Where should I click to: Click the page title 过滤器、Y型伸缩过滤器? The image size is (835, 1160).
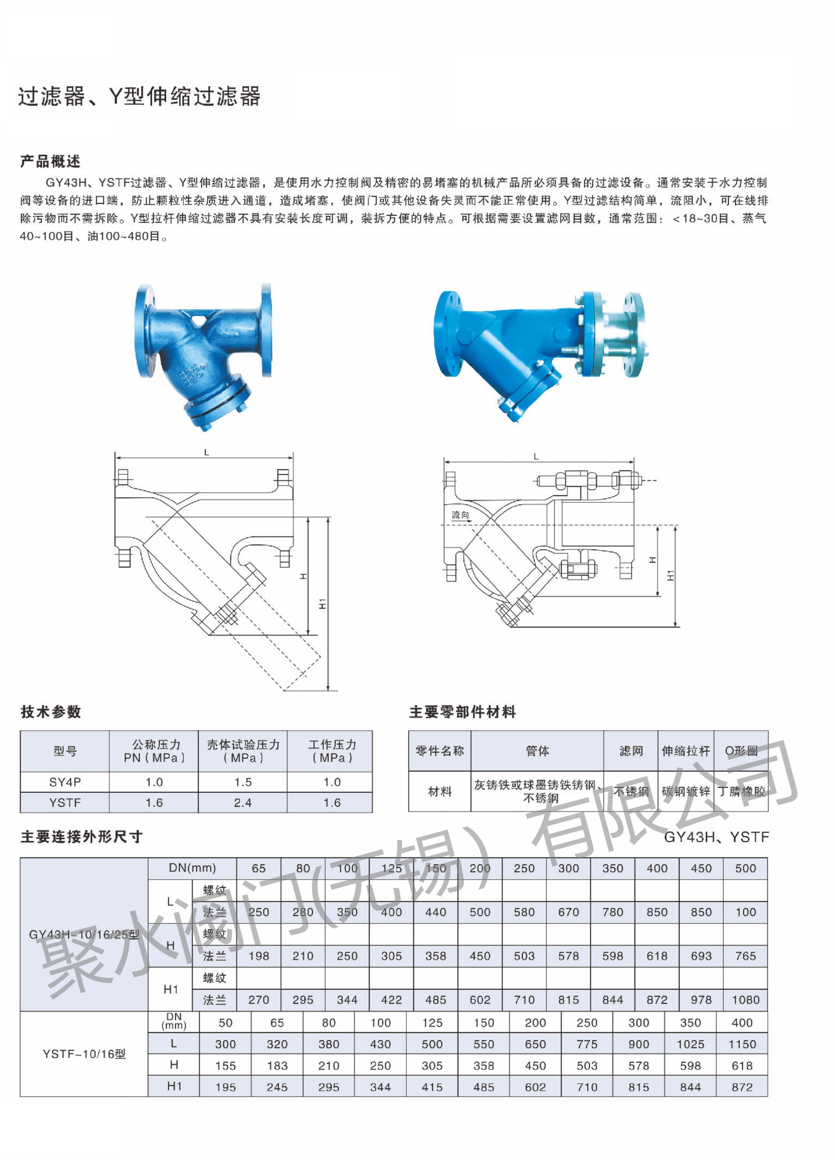point(139,96)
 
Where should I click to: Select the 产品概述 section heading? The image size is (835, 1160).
point(50,161)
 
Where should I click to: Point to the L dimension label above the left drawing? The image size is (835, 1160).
point(206,452)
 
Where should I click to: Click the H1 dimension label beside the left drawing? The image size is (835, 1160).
point(322,603)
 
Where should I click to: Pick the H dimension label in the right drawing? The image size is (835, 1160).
point(652,560)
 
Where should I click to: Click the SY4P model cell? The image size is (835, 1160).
point(65,782)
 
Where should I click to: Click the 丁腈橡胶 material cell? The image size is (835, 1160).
point(741,792)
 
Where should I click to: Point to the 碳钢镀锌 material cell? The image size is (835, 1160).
point(686,792)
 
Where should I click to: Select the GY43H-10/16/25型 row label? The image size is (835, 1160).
point(84,934)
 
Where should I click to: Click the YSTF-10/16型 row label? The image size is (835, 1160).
point(84,1054)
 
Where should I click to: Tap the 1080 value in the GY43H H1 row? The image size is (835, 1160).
point(745,1000)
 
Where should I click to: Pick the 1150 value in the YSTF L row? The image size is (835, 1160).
point(742,1044)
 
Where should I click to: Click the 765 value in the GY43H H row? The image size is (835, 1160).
point(745,956)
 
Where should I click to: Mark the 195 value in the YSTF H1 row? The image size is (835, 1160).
point(225,1088)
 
